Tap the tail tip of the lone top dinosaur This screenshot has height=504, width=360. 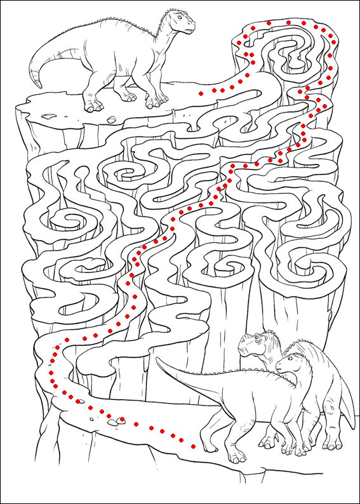(37, 85)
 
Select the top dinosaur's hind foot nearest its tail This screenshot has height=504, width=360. (93, 105)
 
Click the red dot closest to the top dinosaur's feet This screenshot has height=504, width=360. (201, 93)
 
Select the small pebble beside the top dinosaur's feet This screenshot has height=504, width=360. (110, 118)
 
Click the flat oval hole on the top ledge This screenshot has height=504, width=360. (48, 116)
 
